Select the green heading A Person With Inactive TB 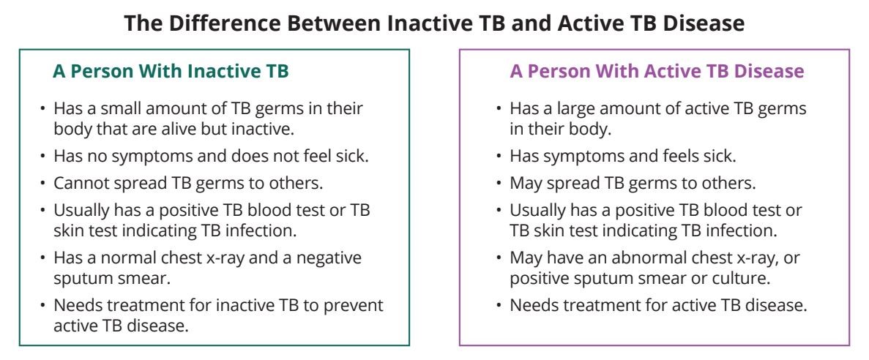tap(171, 72)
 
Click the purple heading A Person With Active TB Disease tap(657, 72)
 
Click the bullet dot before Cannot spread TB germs tap(43, 184)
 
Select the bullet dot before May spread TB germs tap(499, 184)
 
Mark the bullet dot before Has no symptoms tap(43, 157)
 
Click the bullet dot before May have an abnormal tap(499, 258)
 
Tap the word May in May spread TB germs tap(524, 184)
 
